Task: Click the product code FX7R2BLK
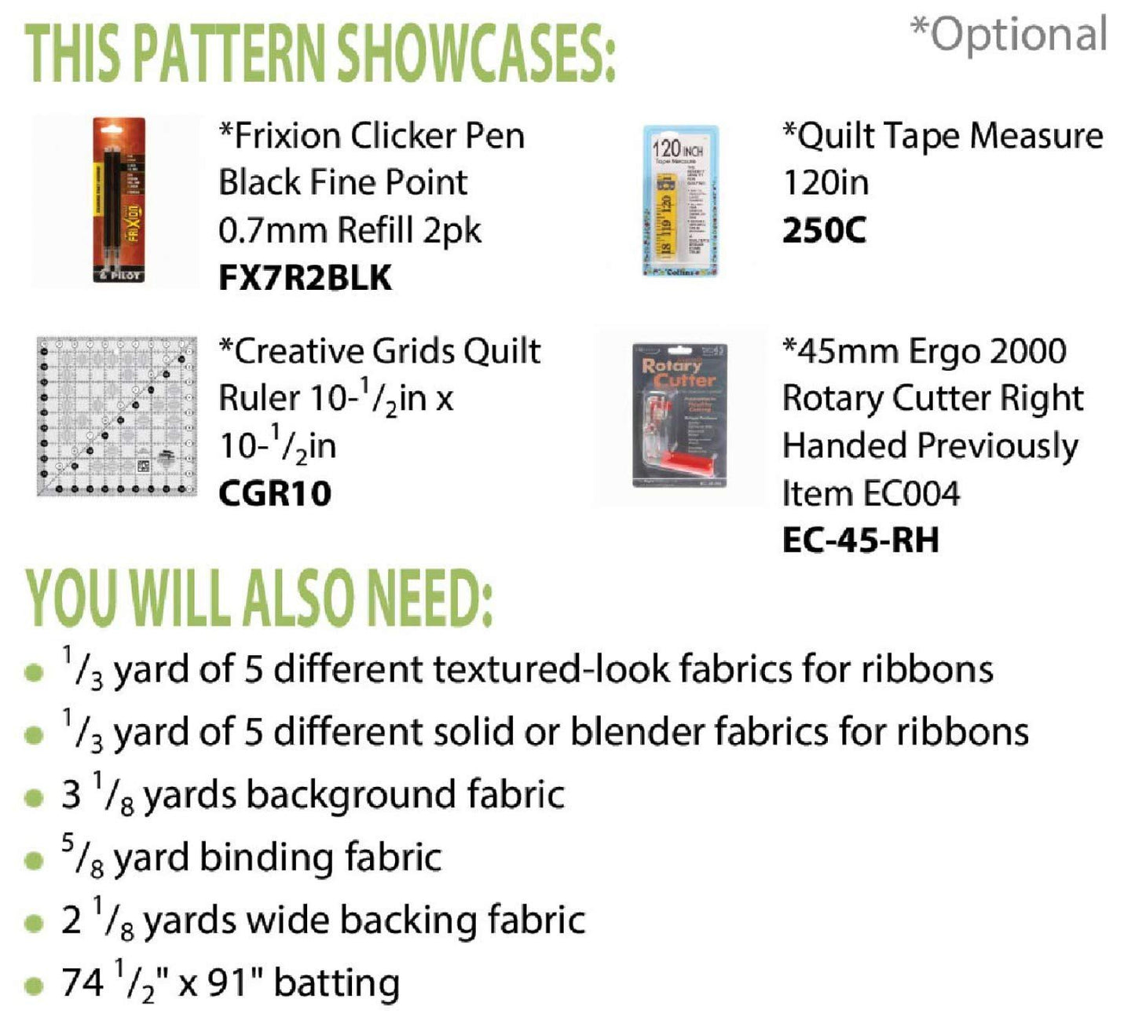click(x=305, y=278)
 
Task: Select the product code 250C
click(x=824, y=230)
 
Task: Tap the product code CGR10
click(x=275, y=493)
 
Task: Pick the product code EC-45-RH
click(x=860, y=540)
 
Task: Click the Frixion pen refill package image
click(x=119, y=199)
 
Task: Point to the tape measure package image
click(x=680, y=200)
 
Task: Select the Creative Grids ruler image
click(x=116, y=416)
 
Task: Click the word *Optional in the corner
click(x=1009, y=35)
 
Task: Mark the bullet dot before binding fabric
click(x=34, y=860)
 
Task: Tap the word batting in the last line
click(x=337, y=983)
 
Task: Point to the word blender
click(x=637, y=732)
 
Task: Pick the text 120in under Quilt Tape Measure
click(x=826, y=183)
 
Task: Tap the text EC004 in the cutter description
click(x=911, y=493)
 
